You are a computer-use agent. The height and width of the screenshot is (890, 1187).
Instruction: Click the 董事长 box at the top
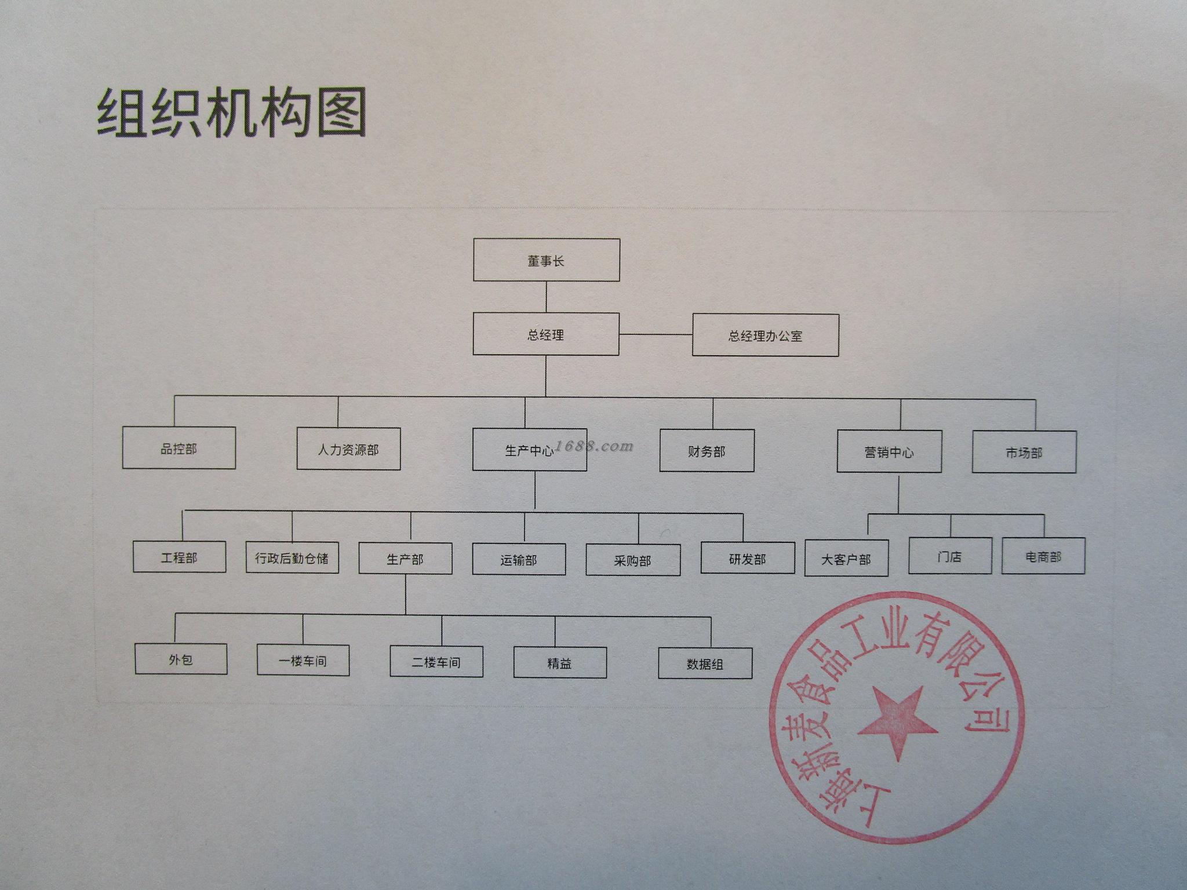tap(546, 260)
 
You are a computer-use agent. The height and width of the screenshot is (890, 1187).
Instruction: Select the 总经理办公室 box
tap(765, 335)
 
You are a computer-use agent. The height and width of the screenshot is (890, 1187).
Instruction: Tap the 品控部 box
tap(179, 448)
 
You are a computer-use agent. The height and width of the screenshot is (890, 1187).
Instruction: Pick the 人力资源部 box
tap(348, 449)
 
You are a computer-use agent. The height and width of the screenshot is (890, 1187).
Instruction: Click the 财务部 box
tap(707, 451)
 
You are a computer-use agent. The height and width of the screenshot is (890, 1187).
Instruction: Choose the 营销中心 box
tap(889, 451)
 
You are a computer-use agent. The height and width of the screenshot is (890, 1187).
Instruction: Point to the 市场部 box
tap(1024, 452)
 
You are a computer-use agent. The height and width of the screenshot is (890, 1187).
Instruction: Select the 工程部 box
tap(179, 557)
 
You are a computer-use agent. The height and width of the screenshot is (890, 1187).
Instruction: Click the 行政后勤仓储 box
tap(292, 558)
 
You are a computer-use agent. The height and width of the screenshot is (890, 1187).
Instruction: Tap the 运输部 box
tap(519, 559)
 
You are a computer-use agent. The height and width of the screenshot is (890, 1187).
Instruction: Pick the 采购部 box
tap(633, 560)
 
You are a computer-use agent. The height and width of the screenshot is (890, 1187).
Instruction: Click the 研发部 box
tap(747, 559)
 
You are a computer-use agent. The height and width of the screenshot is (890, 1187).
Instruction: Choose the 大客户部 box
tap(846, 559)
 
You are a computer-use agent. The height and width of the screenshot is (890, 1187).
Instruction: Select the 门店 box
tap(949, 556)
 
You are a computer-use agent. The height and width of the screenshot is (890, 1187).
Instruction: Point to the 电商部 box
tap(1043, 556)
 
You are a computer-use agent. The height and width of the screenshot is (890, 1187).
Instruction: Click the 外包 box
tap(181, 659)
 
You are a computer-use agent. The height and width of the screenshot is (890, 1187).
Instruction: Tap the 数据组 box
tap(705, 663)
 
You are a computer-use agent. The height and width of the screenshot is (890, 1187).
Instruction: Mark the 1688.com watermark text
tap(594, 446)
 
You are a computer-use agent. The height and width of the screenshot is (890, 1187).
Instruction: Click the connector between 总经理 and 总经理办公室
tap(656, 334)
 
